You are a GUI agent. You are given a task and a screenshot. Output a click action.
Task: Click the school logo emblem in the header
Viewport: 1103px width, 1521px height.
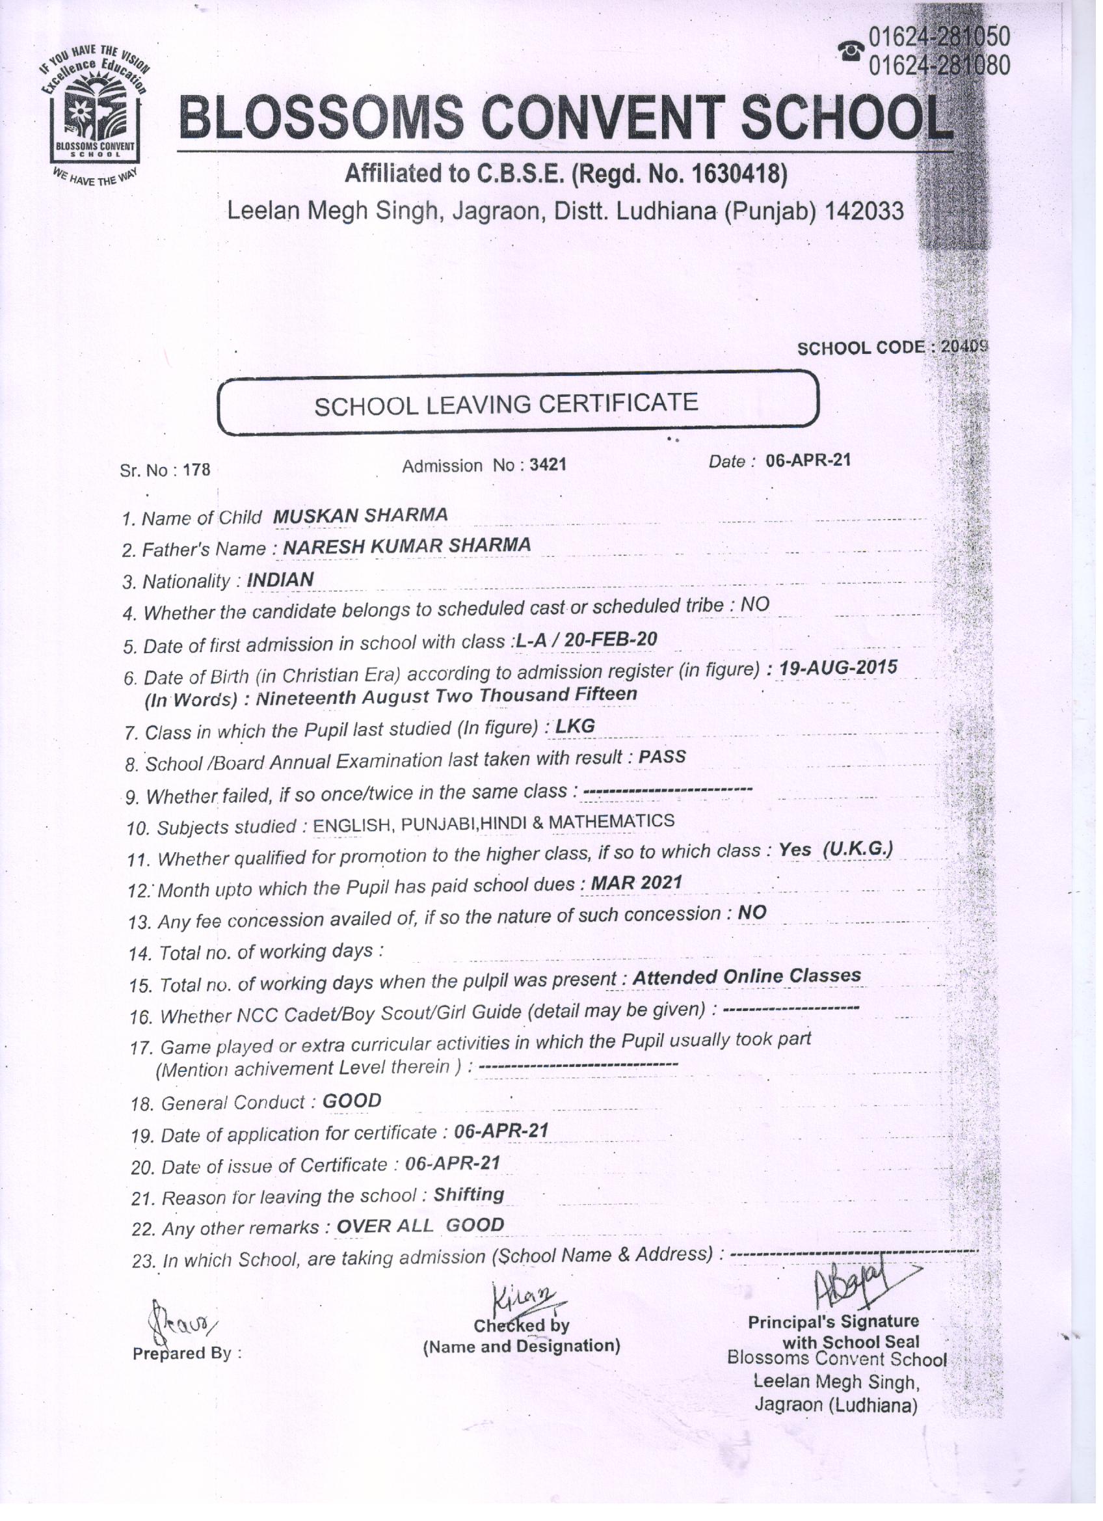pyautogui.click(x=94, y=114)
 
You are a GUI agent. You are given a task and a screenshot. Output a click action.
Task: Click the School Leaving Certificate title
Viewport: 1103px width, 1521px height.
pyautogui.click(x=506, y=405)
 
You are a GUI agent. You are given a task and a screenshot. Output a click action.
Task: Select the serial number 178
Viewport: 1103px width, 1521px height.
pyautogui.click(x=196, y=470)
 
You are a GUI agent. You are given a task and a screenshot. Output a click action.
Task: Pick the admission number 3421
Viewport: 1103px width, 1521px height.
pyautogui.click(x=547, y=464)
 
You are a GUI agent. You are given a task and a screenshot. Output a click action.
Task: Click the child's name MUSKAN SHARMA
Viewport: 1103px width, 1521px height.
pyautogui.click(x=360, y=515)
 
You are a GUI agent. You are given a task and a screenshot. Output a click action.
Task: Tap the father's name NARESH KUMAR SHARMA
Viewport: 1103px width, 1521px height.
pyautogui.click(x=406, y=546)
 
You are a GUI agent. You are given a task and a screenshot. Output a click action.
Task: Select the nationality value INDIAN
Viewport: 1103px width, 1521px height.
pyautogui.click(x=280, y=580)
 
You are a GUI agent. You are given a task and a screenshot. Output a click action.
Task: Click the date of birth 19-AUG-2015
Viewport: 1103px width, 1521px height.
pyautogui.click(x=838, y=668)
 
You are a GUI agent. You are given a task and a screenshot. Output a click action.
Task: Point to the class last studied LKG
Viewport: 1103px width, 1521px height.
pyautogui.click(x=576, y=727)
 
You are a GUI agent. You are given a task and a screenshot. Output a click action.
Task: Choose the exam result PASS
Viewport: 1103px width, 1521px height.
pyautogui.click(x=662, y=757)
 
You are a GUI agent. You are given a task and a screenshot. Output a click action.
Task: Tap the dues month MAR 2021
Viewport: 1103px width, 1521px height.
pyautogui.click(x=636, y=884)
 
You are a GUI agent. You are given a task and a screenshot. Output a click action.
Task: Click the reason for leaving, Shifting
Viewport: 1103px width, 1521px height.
pyautogui.click(x=469, y=1194)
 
